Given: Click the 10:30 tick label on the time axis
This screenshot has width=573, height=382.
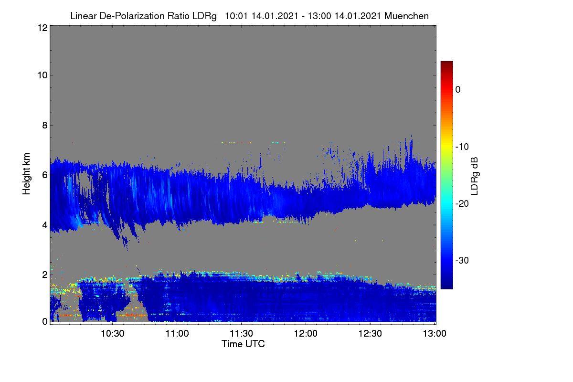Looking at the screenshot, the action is tap(113, 334).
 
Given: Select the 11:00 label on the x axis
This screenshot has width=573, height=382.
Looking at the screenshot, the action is tap(177, 334).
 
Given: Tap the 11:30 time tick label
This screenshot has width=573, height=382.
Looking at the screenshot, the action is tap(241, 334).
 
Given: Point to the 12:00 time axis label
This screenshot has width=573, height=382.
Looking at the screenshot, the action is tap(306, 334).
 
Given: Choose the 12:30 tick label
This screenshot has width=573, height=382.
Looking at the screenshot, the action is tap(370, 334).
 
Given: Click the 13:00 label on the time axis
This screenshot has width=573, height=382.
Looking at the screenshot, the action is tap(435, 334).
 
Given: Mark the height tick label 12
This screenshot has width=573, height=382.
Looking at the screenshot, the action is tap(42, 28).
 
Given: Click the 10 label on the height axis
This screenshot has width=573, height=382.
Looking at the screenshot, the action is tap(42, 75).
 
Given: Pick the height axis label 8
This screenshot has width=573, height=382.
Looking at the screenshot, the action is tap(45, 125).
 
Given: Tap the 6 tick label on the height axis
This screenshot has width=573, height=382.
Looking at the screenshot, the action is tap(45, 175).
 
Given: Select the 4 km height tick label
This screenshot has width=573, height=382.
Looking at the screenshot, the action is tap(45, 225).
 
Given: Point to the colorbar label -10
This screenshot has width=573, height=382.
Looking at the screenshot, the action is tap(462, 147).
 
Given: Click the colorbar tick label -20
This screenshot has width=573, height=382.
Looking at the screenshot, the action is tap(462, 204).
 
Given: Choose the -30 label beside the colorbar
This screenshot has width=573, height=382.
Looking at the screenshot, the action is tap(462, 260).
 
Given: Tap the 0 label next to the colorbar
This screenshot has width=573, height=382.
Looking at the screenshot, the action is tap(458, 90).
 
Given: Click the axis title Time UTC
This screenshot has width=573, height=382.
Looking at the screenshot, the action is tap(243, 344).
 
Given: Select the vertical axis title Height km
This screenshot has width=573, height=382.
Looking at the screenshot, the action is tap(26, 174).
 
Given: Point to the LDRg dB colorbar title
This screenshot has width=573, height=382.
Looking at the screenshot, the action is tap(475, 176).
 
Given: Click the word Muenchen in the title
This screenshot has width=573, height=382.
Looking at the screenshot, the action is tap(406, 16).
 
